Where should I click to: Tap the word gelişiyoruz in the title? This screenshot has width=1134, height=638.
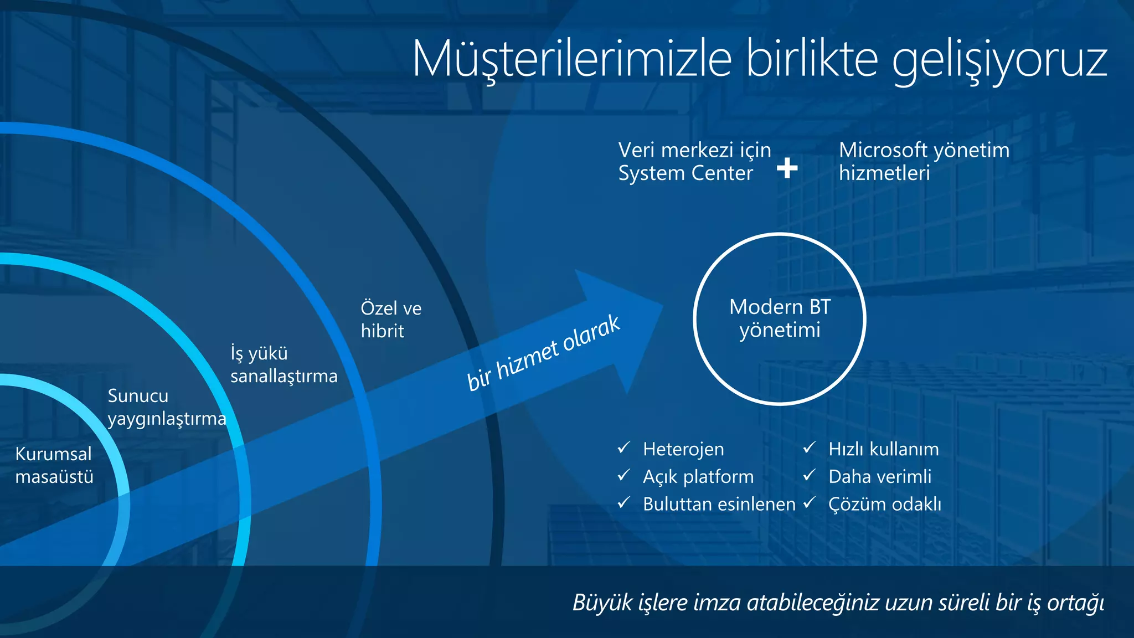[x=999, y=60]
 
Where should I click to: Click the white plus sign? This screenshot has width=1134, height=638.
[x=787, y=167]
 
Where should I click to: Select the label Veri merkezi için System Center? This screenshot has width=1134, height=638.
[x=694, y=161]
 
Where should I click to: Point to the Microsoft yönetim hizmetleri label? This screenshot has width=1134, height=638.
[x=924, y=161]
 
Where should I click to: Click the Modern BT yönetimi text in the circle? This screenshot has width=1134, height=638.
[x=780, y=318]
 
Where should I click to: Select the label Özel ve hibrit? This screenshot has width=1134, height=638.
[x=391, y=320]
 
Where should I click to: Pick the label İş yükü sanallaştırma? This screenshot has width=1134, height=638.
[x=283, y=364]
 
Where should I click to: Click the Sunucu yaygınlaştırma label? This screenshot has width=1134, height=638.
[x=167, y=407]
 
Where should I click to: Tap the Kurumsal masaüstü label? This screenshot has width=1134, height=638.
[x=54, y=465]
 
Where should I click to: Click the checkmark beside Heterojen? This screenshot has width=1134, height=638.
[x=624, y=447]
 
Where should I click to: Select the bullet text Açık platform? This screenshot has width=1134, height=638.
[x=698, y=476]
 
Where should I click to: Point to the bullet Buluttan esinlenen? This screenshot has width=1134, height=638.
[x=719, y=504]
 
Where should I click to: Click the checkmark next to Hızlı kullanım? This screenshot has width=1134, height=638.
[x=810, y=447]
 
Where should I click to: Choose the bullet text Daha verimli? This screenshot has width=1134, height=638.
[x=880, y=476]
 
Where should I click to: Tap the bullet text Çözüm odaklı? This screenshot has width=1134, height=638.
[x=885, y=504]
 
